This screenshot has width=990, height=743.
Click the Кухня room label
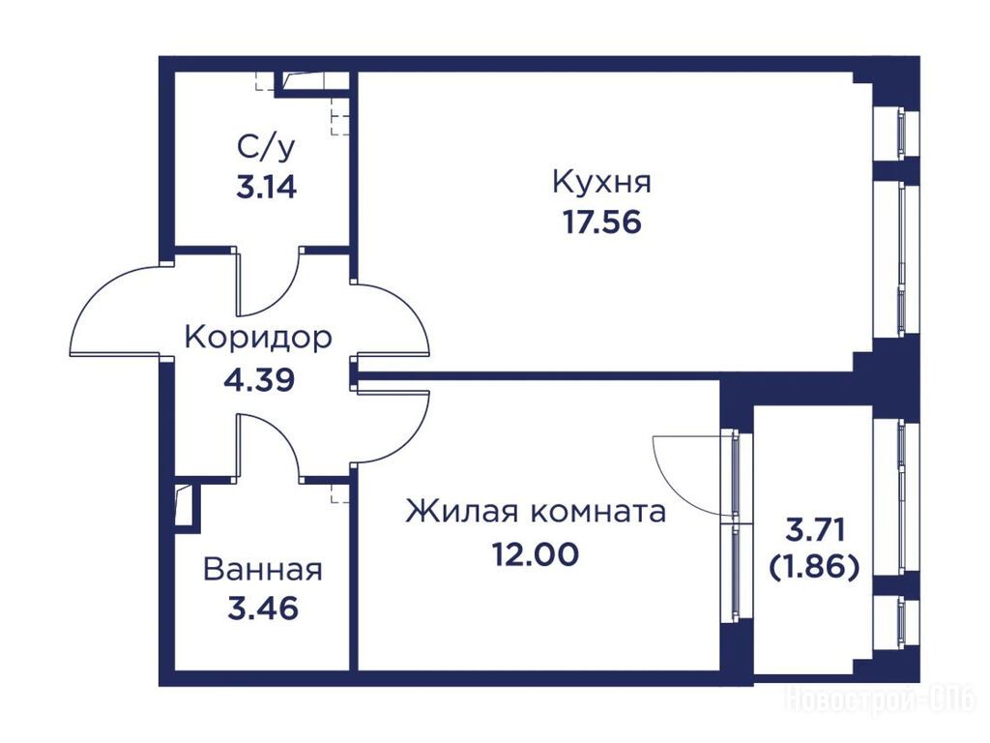601,182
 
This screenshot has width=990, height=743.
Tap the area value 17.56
601,223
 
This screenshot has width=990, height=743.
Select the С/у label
266,148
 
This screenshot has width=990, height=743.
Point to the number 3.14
266,188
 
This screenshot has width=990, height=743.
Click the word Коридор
257,338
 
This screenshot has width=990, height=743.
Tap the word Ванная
263,569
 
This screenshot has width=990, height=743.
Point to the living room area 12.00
536,554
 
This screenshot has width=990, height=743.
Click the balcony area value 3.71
814,529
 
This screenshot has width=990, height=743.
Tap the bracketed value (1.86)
814,568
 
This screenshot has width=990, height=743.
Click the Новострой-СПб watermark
881,701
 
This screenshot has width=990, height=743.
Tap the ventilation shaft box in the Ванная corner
188,505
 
